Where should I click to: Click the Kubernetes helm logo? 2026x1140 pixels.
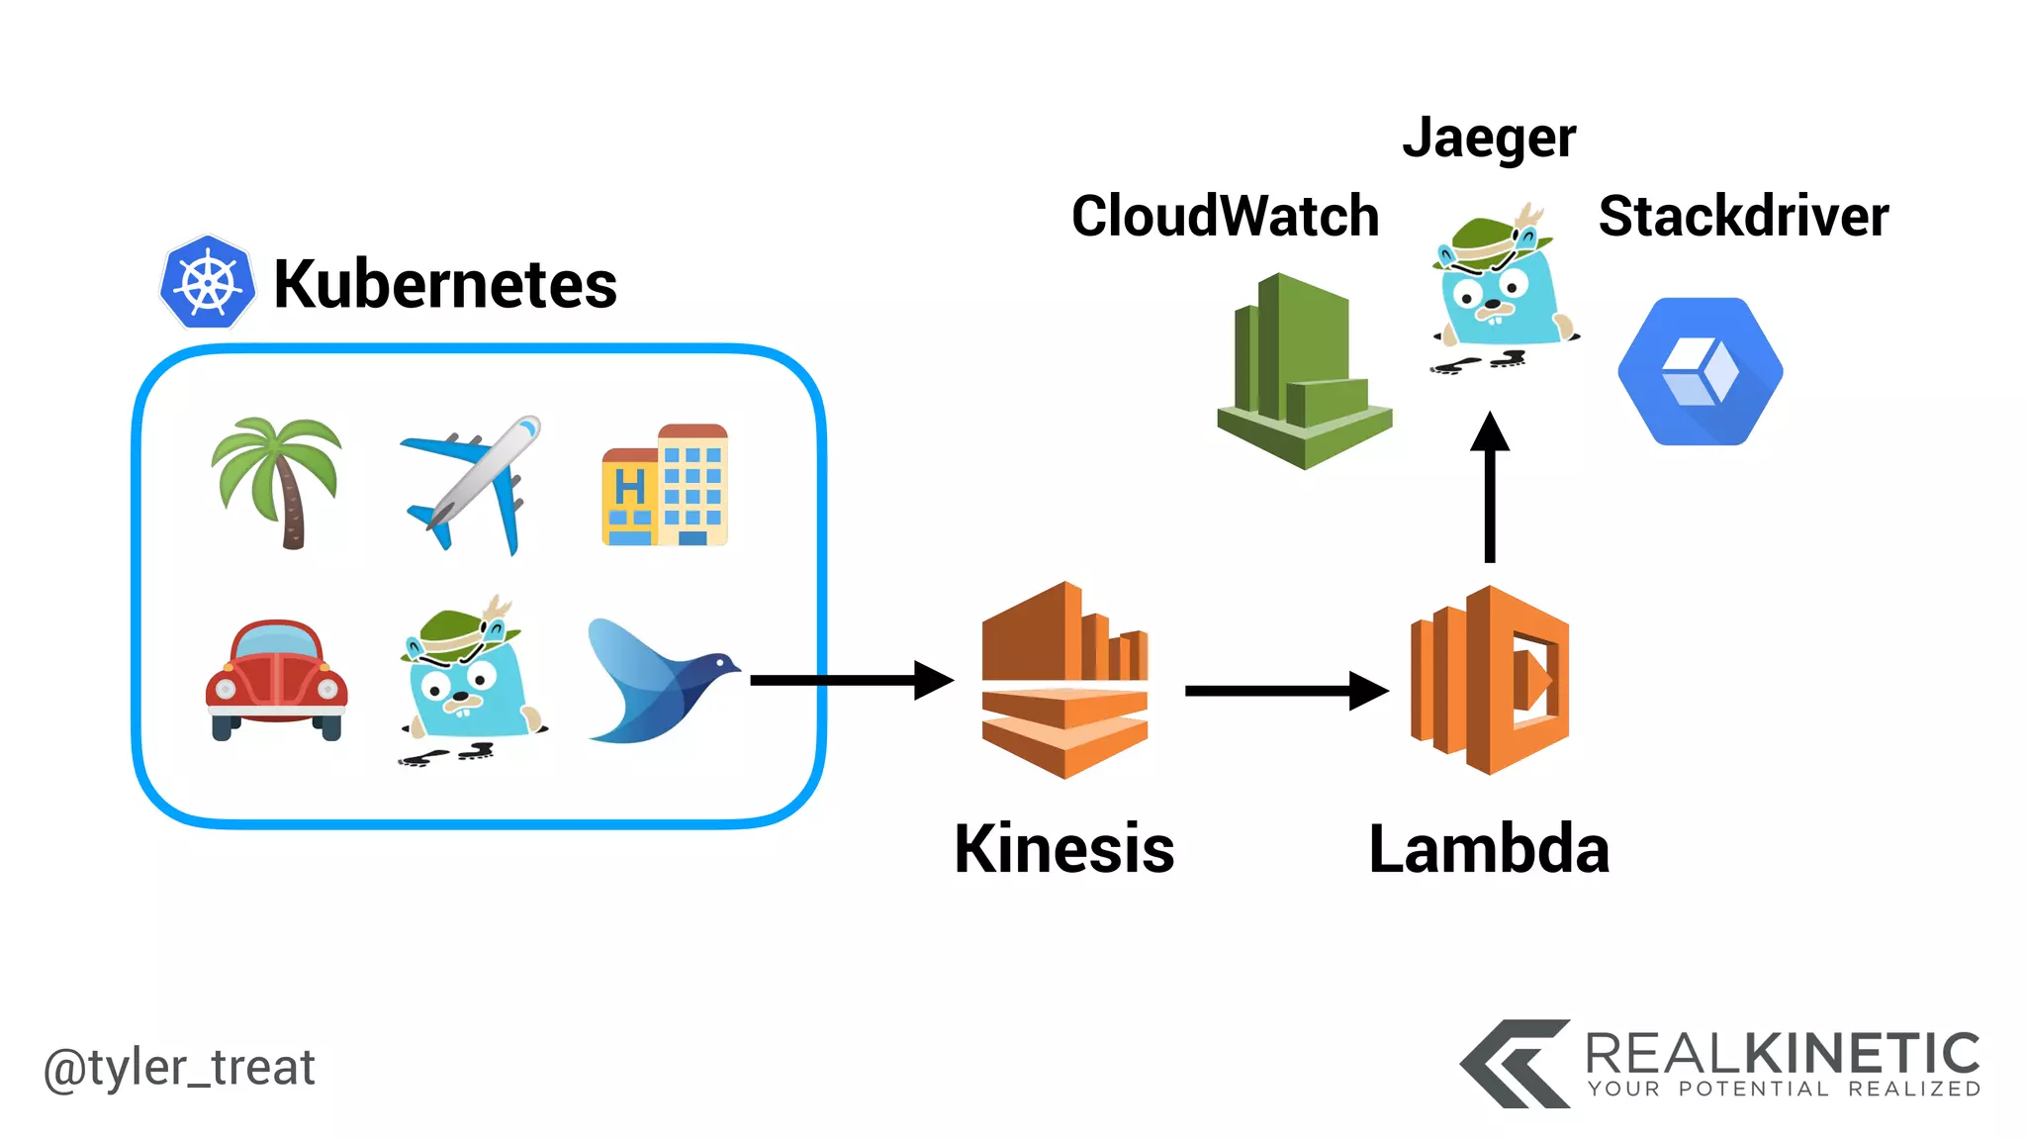(207, 283)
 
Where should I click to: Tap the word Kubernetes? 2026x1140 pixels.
(444, 285)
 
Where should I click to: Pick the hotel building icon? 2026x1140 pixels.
(665, 485)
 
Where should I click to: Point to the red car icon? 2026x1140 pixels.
(276, 680)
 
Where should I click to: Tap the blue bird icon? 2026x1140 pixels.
(661, 682)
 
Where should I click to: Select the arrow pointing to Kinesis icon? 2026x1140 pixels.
(851, 680)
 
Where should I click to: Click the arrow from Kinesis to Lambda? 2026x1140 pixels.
(1286, 691)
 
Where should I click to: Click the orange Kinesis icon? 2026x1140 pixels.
(1064, 680)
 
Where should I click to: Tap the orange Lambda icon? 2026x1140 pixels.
(1490, 680)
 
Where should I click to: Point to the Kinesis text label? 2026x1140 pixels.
(1064, 849)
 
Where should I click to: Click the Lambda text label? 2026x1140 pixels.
(1489, 849)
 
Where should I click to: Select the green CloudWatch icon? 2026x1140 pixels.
(1304, 372)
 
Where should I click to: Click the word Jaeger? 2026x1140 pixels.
(1489, 139)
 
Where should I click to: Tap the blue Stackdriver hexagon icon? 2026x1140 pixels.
(1700, 371)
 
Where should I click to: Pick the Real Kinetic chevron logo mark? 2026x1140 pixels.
(1514, 1064)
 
